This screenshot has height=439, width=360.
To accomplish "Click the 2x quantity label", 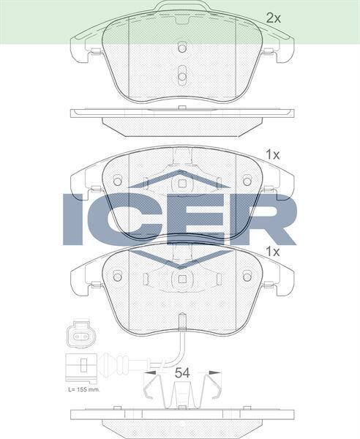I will (x=272, y=18).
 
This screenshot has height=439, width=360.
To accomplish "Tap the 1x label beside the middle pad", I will (x=272, y=154).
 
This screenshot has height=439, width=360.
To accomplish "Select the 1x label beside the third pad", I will (x=272, y=251).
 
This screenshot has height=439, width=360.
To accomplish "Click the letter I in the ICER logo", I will (x=74, y=219).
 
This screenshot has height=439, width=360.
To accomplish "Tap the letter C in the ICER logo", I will (x=124, y=219).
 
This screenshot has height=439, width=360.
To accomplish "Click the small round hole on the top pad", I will (x=182, y=48).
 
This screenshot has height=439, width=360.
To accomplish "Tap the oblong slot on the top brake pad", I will (x=182, y=77).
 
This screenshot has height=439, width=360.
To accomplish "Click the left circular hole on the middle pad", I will (x=117, y=179).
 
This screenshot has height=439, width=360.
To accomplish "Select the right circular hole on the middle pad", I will (x=247, y=179).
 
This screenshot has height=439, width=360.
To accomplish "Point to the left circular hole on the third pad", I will (x=117, y=276).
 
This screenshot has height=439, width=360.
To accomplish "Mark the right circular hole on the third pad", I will (x=247, y=276).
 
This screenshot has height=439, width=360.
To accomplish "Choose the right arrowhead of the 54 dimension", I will (x=217, y=372).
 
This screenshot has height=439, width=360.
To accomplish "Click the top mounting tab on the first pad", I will (x=181, y=7).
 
